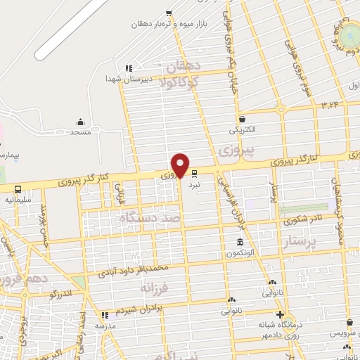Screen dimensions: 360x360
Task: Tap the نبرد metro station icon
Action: (195, 171)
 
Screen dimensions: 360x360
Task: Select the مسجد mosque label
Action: (81, 132)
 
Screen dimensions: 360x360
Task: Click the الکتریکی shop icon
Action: (243, 119)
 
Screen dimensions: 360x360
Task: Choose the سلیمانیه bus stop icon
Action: (18, 189)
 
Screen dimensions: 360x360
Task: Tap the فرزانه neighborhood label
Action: (155, 288)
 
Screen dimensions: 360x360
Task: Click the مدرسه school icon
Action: (105, 315)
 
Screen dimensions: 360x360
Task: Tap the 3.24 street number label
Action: (329, 105)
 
